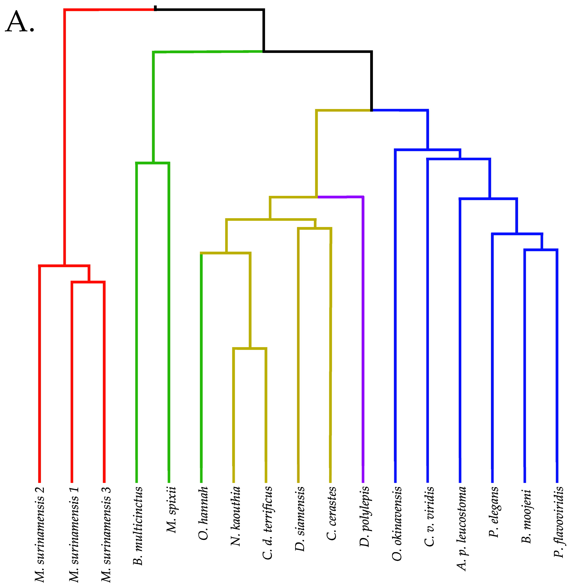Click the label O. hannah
click(x=204, y=513)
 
